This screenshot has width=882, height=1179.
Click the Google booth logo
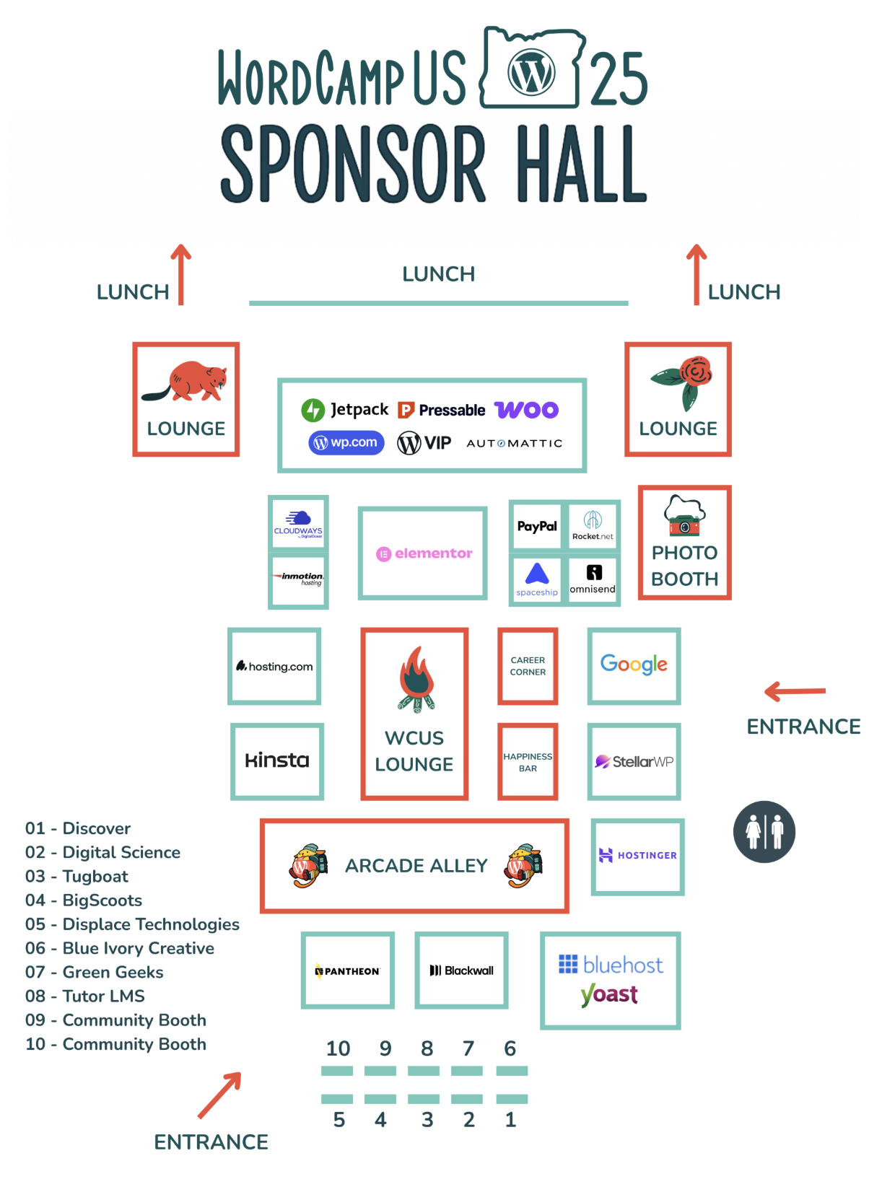(633, 664)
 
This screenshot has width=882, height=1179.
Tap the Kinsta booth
(276, 761)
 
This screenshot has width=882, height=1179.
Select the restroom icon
(764, 831)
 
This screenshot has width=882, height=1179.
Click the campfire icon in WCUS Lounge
(416, 680)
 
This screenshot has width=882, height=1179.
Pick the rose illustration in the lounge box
(683, 382)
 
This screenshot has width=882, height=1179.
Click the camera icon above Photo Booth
(684, 516)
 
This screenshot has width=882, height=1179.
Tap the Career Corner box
(528, 666)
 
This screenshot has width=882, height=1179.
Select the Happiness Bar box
(528, 762)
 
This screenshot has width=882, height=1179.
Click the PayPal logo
(536, 526)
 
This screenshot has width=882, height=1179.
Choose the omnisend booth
(593, 579)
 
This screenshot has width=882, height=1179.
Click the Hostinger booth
(637, 856)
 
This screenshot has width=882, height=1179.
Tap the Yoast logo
(608, 994)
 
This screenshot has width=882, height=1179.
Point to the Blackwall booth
(461, 970)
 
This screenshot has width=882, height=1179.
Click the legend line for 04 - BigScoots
(84, 900)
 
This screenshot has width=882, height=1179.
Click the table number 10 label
(338, 1048)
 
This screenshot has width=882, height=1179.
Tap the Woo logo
(526, 410)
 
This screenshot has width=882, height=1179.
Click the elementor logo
(424, 553)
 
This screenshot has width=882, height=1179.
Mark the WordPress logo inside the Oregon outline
(530, 72)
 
